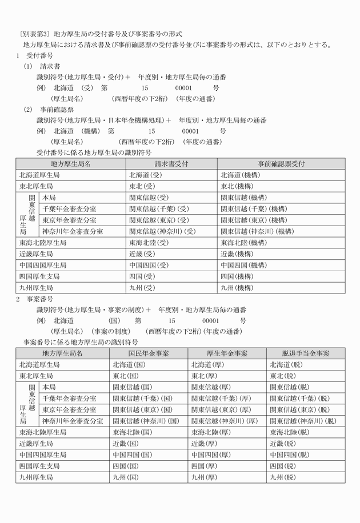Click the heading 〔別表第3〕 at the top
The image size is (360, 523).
(x=35, y=34)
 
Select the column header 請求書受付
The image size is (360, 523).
(x=171, y=164)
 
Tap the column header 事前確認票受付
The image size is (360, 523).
(x=281, y=164)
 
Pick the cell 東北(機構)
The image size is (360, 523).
(x=235, y=186)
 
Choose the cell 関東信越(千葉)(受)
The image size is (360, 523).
(x=159, y=208)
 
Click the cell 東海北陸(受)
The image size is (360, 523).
(x=149, y=243)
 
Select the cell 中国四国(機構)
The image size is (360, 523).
(x=243, y=265)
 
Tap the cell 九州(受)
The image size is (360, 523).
(x=142, y=288)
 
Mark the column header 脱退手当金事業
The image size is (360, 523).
(x=306, y=353)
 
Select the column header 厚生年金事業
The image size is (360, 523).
(x=227, y=353)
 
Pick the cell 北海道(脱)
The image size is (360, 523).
(x=283, y=365)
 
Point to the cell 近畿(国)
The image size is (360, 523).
(x=126, y=444)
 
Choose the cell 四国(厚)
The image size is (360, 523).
(x=204, y=466)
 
